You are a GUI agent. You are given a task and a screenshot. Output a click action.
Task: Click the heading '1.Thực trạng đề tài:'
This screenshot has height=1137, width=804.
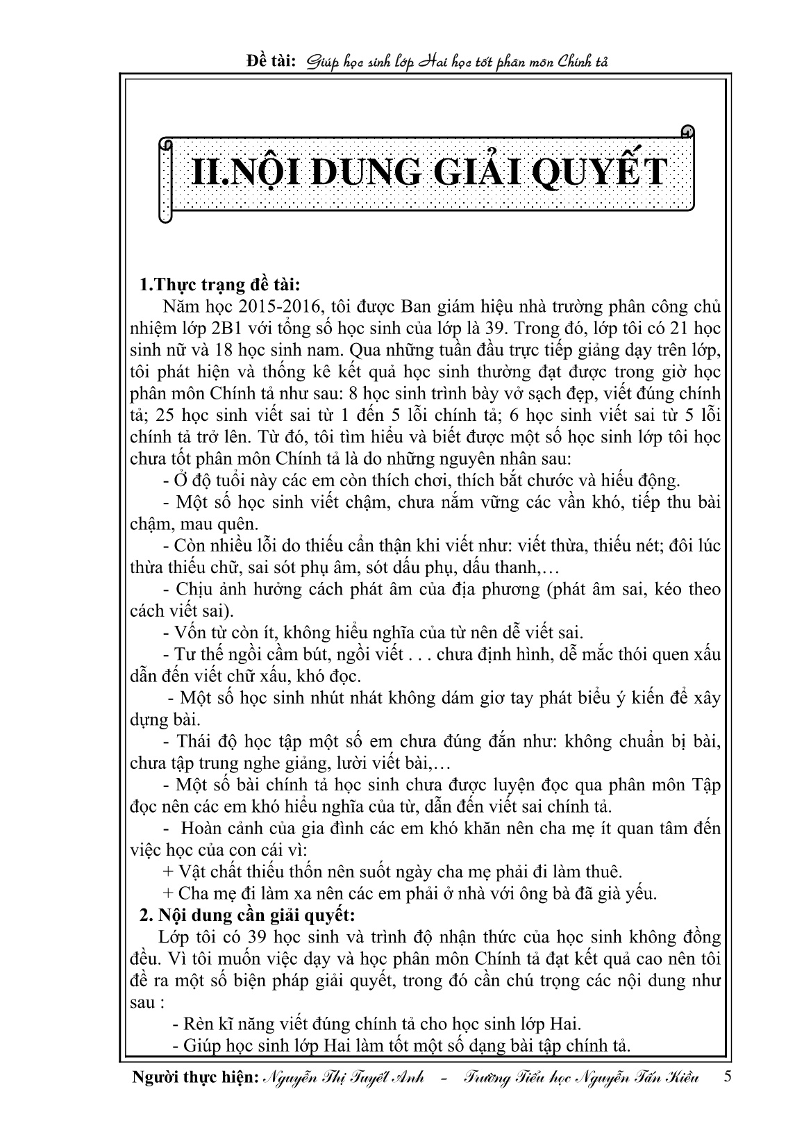219,285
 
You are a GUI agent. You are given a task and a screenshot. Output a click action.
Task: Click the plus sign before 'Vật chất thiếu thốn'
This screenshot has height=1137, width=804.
167,871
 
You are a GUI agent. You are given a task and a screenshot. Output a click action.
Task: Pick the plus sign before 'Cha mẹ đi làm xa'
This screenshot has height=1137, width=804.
167,893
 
